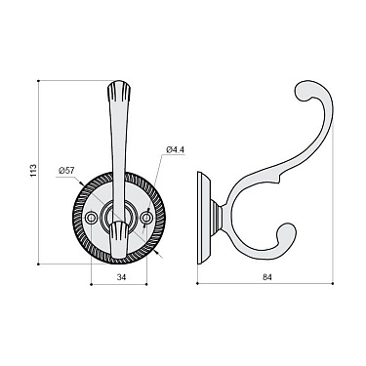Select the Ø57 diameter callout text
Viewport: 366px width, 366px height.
(x=66, y=172)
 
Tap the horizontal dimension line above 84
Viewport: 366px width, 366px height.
(x=266, y=286)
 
